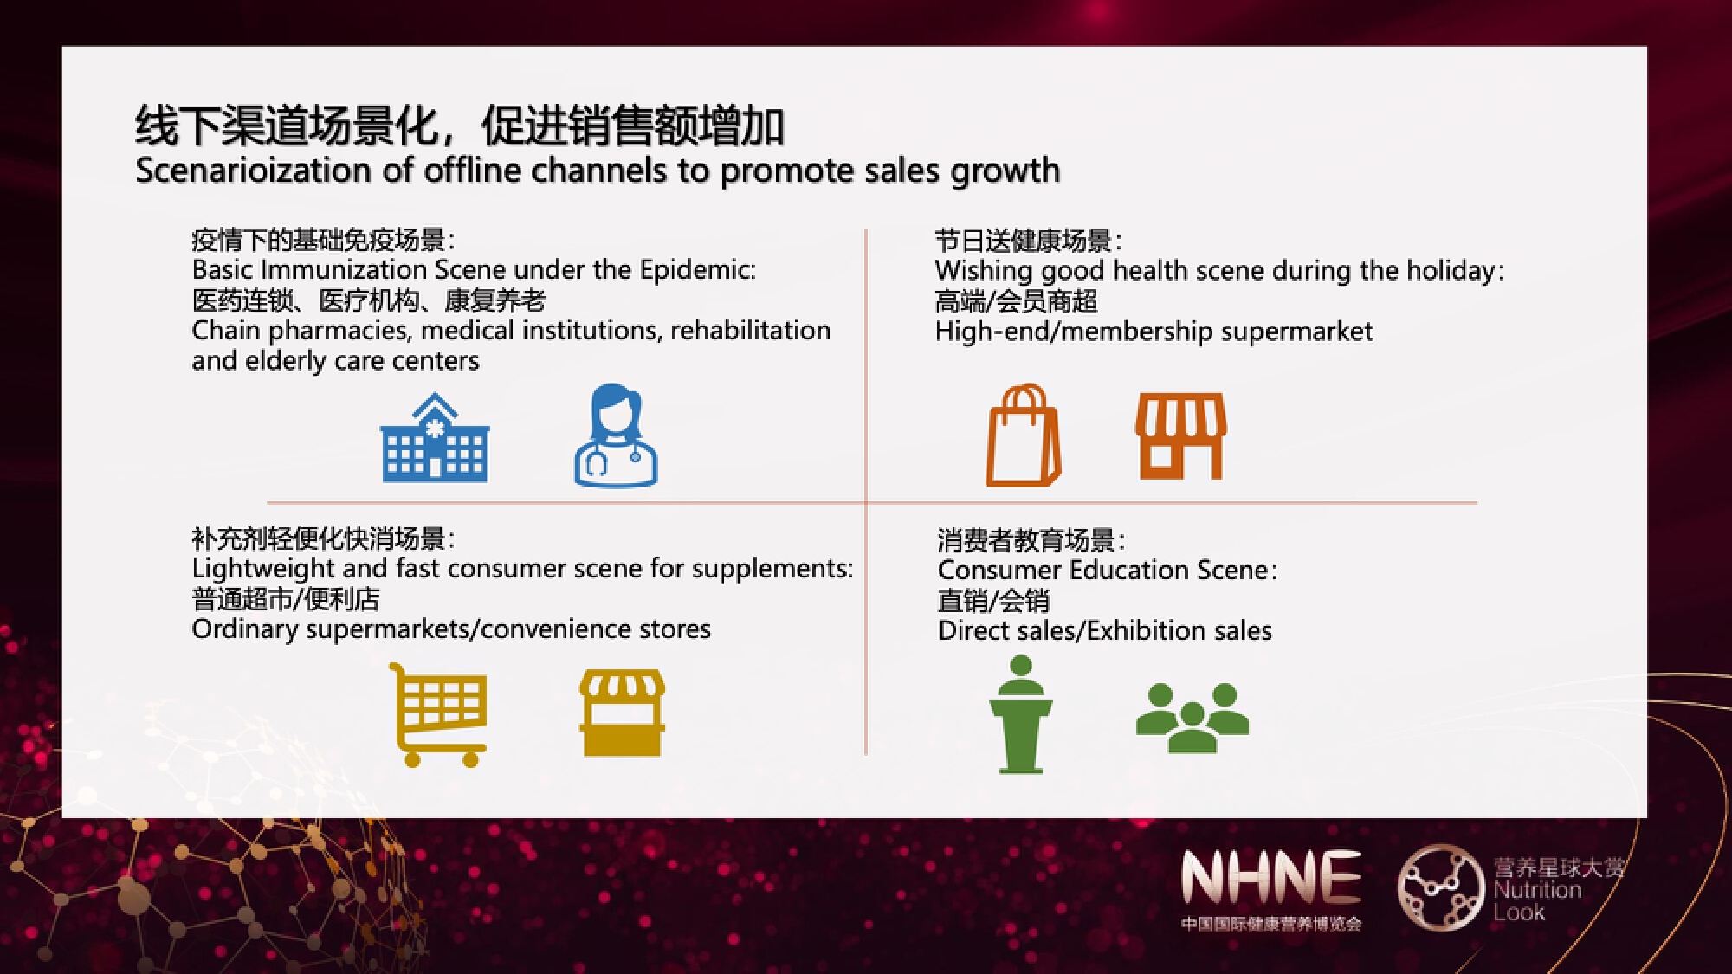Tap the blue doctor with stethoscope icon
coord(616,435)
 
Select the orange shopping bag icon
coord(1024,435)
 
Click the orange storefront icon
coord(1181,435)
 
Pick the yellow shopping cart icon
coord(438,714)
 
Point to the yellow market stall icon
coord(622,713)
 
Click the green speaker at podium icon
coord(1021,714)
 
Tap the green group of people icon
coord(1192,718)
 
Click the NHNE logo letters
coord(1270,877)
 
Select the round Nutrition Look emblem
coord(1441,887)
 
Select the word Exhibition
coord(1147,630)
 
